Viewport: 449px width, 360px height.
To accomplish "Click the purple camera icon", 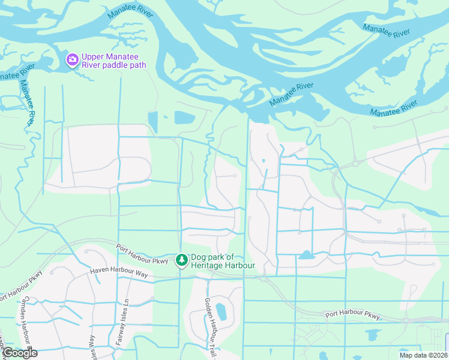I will (x=73, y=59).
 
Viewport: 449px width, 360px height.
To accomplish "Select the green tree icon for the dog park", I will (x=181, y=260).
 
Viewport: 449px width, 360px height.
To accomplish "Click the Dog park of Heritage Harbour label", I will (x=223, y=261).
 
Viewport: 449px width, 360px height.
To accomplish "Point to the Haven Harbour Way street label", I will (x=119, y=272).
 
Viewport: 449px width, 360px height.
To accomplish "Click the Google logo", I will (x=19, y=353).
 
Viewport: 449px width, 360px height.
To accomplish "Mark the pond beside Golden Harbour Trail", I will (x=221, y=312).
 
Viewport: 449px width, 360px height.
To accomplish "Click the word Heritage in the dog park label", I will (x=209, y=266).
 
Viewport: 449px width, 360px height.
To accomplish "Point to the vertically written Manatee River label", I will (x=28, y=103).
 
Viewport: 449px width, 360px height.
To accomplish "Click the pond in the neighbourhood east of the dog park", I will (x=306, y=255).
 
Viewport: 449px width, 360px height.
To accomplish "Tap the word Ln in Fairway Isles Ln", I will (x=125, y=304).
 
